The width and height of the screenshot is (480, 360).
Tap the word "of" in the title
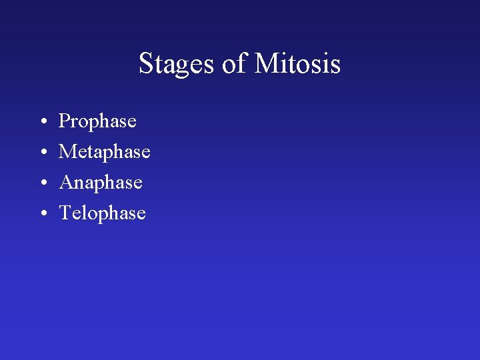point(234,65)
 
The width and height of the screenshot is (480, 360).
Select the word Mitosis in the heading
point(297,65)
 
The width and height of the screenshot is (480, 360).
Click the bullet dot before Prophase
point(42,122)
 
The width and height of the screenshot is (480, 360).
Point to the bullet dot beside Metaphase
point(42,153)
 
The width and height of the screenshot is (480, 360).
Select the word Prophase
point(97,122)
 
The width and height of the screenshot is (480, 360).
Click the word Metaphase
point(105,153)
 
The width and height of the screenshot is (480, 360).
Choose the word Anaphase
point(101,183)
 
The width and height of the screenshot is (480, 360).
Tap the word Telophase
point(102,213)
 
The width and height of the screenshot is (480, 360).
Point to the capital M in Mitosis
point(266,64)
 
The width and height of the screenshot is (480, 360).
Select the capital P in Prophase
point(65,121)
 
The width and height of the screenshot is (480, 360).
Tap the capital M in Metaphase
point(67,152)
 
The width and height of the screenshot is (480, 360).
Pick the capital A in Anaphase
point(66,183)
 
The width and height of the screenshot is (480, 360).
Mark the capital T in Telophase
point(65,213)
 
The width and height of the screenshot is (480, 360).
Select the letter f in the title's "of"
point(241,63)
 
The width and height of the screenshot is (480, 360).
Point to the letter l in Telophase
point(82,213)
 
